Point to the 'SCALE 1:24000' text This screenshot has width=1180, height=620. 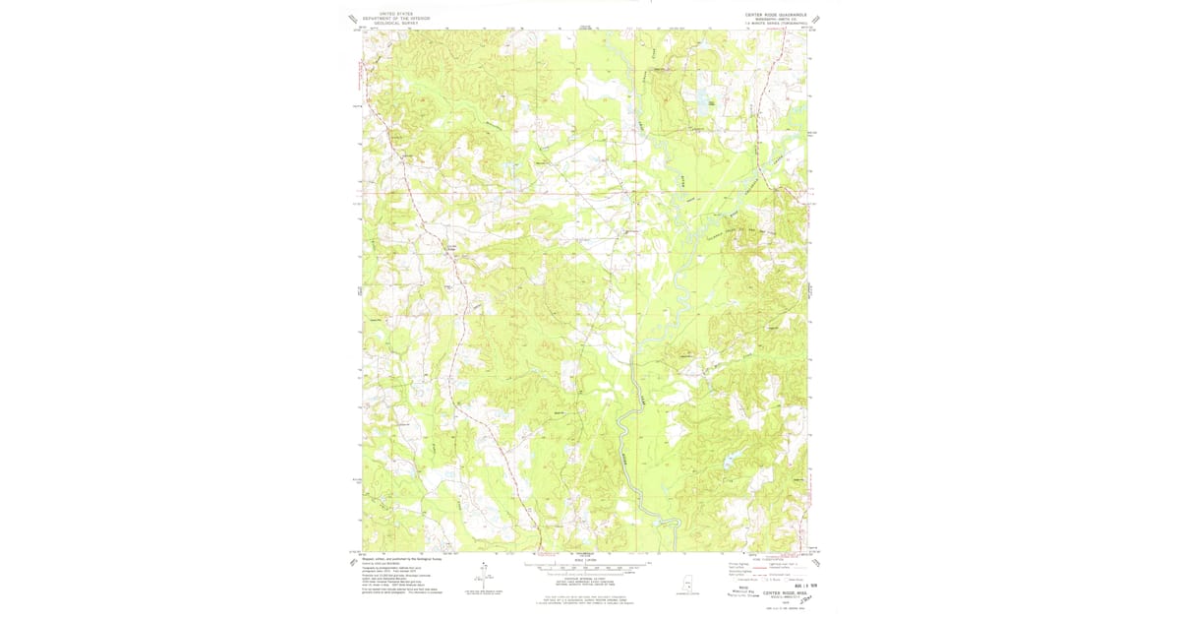click(590, 559)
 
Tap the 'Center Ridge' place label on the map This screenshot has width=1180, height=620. click(453, 247)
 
